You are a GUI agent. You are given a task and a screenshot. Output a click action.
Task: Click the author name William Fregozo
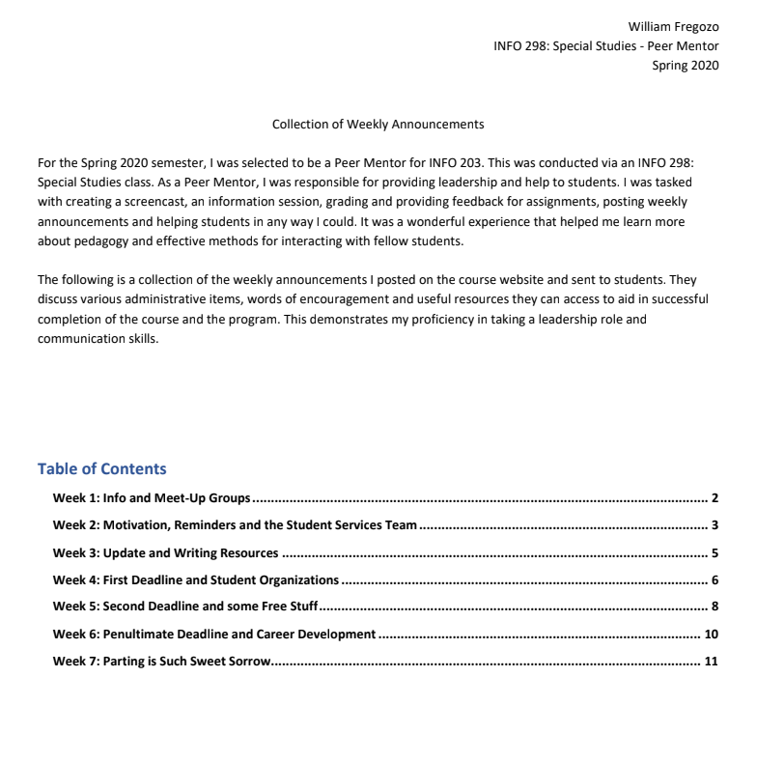[x=673, y=26]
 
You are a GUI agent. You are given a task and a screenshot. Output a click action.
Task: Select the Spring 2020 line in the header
[x=686, y=66]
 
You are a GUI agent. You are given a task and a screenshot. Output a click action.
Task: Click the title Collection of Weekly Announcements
[x=378, y=125]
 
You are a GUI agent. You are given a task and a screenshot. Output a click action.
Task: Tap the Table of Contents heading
[x=101, y=468]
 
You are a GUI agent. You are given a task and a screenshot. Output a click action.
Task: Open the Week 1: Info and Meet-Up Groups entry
[x=152, y=498]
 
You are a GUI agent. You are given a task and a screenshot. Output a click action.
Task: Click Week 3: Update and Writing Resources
[x=165, y=553]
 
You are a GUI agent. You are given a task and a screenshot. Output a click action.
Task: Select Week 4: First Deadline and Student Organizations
[x=196, y=580]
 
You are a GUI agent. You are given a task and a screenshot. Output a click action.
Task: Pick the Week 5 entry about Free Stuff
[x=185, y=607]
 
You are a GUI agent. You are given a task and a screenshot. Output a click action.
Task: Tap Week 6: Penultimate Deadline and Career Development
[x=213, y=635]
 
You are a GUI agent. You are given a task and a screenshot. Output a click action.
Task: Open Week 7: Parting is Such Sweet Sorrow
[x=162, y=662]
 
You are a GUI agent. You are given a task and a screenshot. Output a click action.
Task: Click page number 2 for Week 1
[x=715, y=498]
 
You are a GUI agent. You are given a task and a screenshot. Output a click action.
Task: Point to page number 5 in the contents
[x=715, y=553]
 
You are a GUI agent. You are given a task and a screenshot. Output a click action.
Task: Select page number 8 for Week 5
[x=715, y=607]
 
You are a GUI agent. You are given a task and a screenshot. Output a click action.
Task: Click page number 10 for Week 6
[x=712, y=635]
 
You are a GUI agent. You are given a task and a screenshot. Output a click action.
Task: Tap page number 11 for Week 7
[x=712, y=662]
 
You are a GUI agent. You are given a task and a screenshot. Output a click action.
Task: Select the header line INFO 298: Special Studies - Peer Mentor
[x=605, y=46]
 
